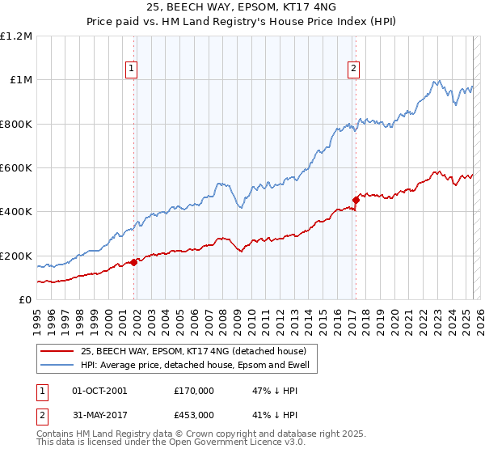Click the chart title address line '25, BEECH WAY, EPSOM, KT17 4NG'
[242, 9]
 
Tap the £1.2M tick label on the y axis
[16, 36]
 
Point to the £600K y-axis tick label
[16, 168]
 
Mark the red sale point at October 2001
[134, 262]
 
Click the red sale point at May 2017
[356, 200]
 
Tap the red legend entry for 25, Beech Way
[192, 351]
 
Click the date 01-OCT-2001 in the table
[100, 390]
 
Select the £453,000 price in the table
[193, 414]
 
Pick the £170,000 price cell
[193, 390]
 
